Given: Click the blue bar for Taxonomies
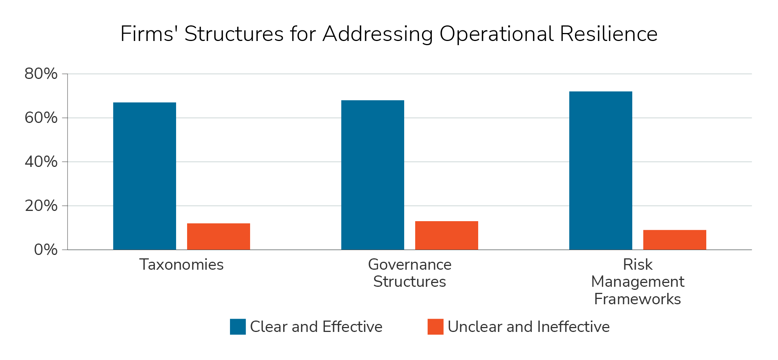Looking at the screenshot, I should pyautogui.click(x=145, y=176).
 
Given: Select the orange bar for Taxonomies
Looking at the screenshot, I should pyautogui.click(x=219, y=236).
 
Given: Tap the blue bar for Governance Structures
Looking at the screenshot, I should pyautogui.click(x=373, y=175).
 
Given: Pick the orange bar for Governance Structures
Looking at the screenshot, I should pyautogui.click(x=447, y=235).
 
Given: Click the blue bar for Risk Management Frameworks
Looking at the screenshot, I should pyautogui.click(x=601, y=170).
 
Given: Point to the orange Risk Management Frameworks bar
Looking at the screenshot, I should pyautogui.click(x=675, y=240).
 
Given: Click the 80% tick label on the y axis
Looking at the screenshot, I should pyautogui.click(x=41, y=74).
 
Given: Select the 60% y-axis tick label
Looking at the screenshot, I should pyautogui.click(x=41, y=118).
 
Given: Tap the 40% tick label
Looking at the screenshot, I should pyautogui.click(x=41, y=162).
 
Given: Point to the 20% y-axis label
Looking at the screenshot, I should pyautogui.click(x=41, y=206).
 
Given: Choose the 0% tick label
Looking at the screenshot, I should pyautogui.click(x=46, y=250).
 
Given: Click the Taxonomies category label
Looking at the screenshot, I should pyautogui.click(x=181, y=265).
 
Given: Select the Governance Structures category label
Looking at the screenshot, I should pyautogui.click(x=410, y=273).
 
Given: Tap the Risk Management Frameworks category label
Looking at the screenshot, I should pyautogui.click(x=638, y=282).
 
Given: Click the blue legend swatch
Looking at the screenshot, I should pyautogui.click(x=238, y=327).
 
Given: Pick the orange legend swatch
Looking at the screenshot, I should pyautogui.click(x=435, y=327).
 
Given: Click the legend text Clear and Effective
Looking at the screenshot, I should pyautogui.click(x=316, y=327).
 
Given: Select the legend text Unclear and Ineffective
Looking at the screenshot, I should pyautogui.click(x=529, y=327).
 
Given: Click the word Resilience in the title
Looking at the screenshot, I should pyautogui.click(x=608, y=34).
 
